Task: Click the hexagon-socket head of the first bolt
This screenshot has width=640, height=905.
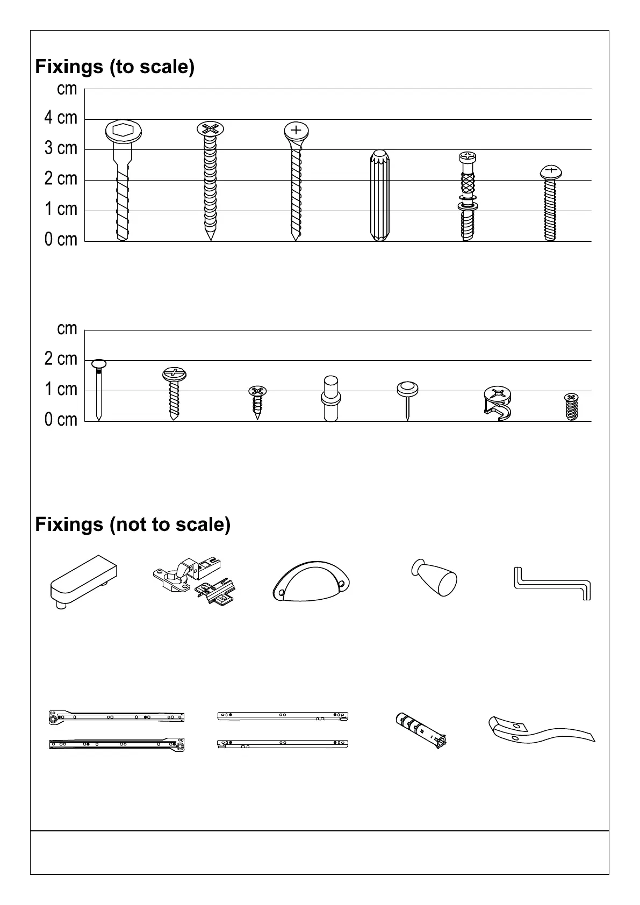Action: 123,131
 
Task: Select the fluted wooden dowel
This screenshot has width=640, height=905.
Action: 379,196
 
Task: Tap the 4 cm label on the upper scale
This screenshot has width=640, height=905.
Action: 61,118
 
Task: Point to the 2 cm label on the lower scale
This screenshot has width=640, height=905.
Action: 61,358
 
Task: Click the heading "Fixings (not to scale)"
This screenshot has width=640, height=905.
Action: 133,524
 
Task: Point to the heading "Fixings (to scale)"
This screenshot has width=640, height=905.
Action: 114,67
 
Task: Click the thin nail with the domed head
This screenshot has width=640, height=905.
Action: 99,390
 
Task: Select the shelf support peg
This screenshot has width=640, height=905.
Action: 331,398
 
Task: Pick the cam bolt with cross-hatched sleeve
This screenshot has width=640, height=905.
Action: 468,196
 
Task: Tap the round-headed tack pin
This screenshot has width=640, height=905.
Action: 408,398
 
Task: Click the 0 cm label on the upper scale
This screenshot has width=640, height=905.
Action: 61,240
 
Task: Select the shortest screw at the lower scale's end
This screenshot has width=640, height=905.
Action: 571,406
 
